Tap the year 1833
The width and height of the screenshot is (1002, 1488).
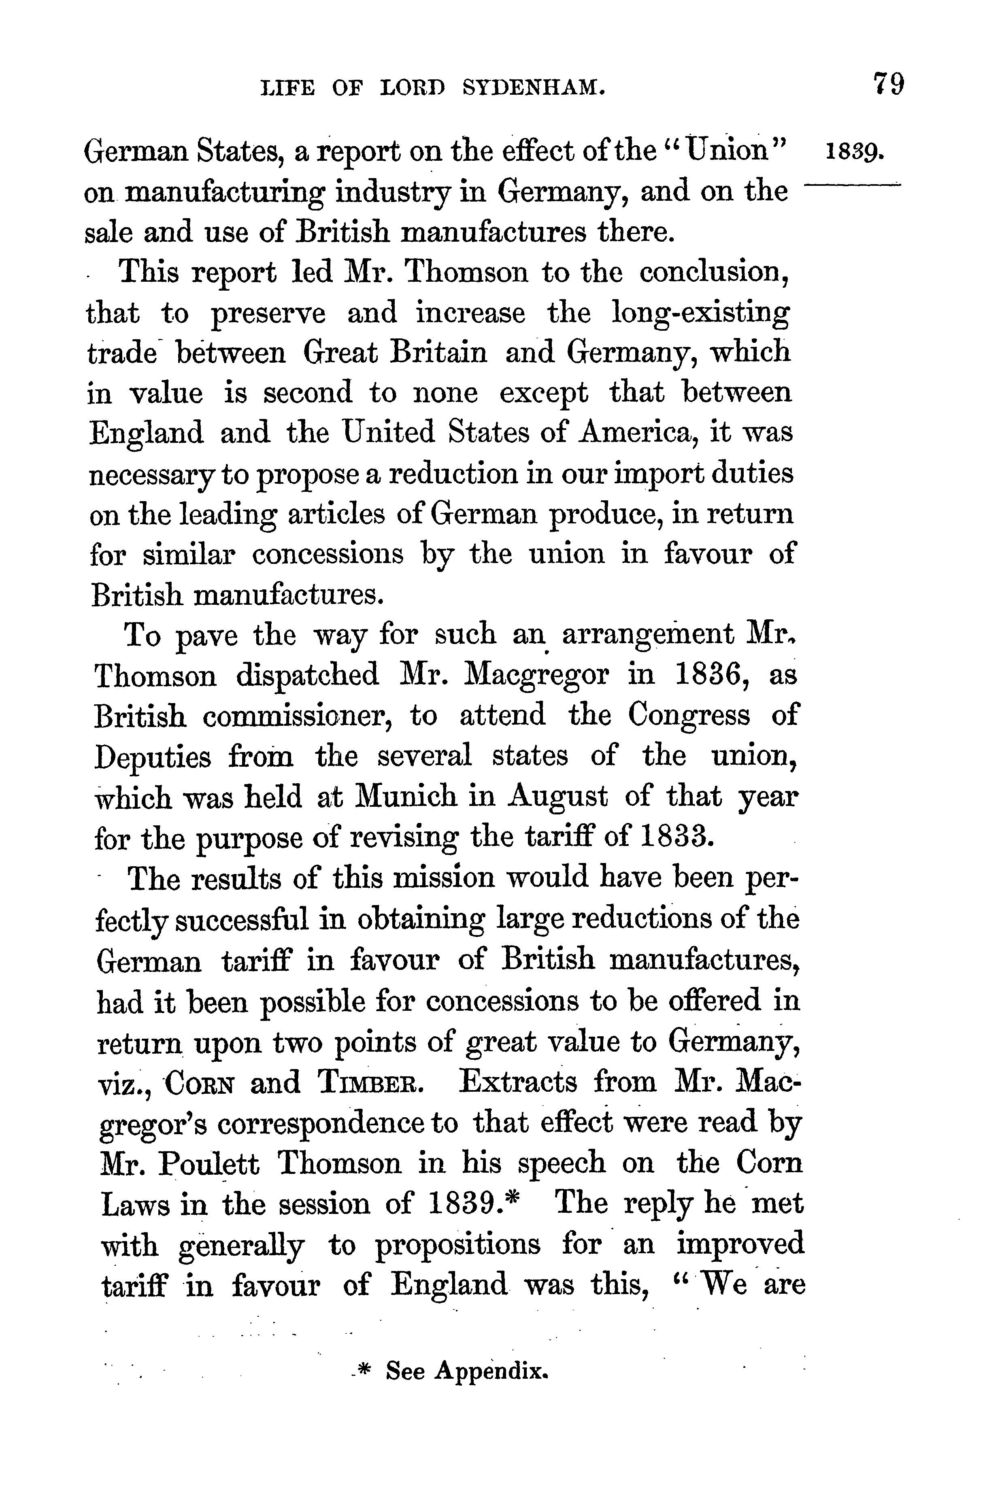[x=676, y=837]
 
